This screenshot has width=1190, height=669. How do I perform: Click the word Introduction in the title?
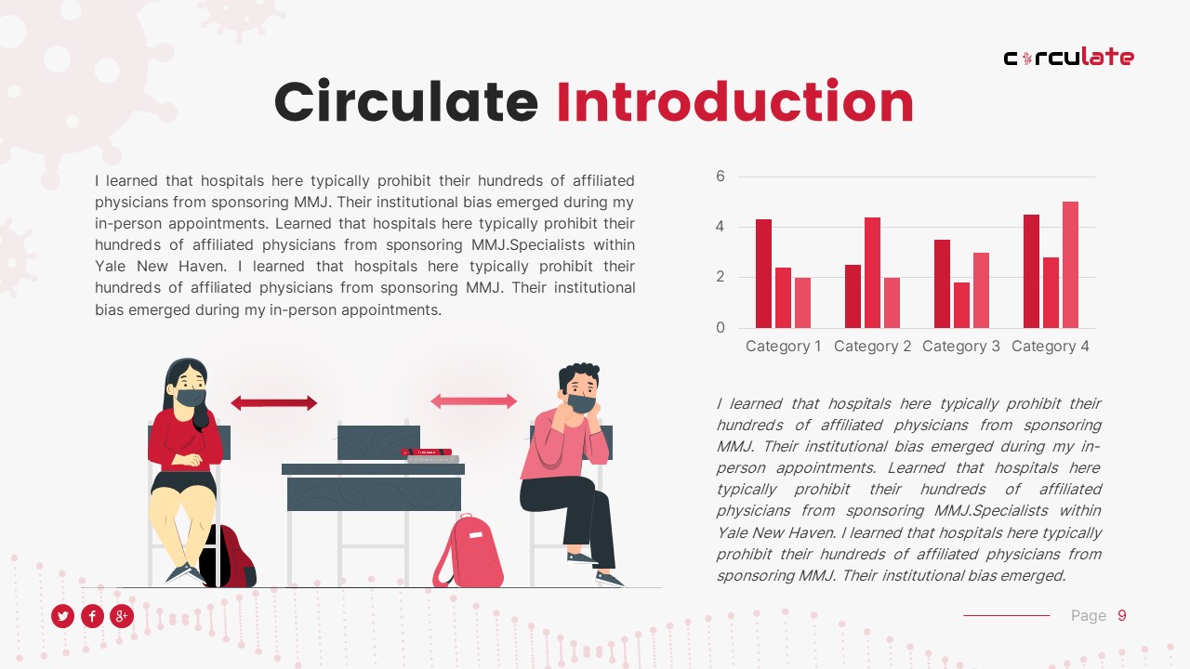coord(734,102)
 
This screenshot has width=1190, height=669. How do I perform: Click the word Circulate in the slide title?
coord(405,102)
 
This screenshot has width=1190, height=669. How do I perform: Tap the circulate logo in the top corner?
coord(1068,58)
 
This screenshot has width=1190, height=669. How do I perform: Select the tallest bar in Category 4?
coord(1070,265)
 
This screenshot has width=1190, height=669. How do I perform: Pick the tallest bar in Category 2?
coord(872,272)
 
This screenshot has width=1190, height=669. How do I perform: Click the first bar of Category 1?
coord(763,273)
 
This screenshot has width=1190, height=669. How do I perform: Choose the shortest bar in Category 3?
coord(961,305)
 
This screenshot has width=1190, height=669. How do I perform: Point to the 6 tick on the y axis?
coord(720,177)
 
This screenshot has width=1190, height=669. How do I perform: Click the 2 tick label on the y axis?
coord(720,278)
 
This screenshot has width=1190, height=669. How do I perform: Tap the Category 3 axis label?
coord(961,347)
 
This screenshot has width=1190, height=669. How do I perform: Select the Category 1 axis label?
coord(784,347)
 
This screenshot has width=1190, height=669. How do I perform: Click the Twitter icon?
coord(62,615)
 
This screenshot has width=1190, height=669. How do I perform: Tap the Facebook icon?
coord(92,615)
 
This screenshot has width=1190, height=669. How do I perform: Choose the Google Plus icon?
coord(122,615)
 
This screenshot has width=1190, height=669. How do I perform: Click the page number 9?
coord(1122,615)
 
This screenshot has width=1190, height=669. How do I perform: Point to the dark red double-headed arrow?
coord(273,403)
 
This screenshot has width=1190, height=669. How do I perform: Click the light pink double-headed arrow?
coord(473,401)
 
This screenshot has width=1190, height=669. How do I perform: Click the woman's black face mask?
coord(191,398)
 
